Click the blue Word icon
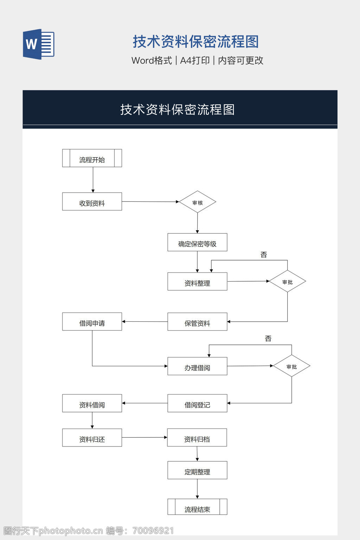point(39,44)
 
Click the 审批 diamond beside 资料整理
point(287,281)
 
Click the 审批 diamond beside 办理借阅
point(291,366)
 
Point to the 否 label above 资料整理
point(264,255)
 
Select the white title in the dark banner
point(178,109)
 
